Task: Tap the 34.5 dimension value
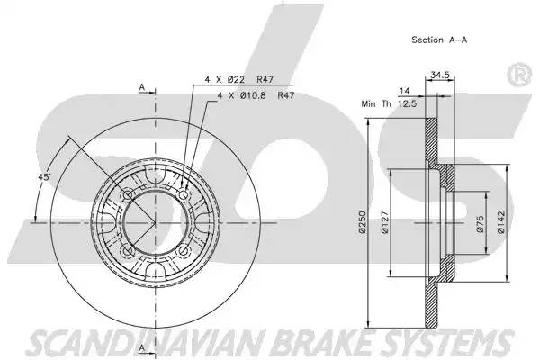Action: tap(440, 76)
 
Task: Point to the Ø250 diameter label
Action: tap(362, 224)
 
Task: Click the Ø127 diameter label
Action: tap(385, 224)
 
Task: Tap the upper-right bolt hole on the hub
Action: tap(184, 196)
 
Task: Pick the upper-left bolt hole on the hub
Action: tap(128, 195)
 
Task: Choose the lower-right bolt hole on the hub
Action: tap(184, 251)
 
